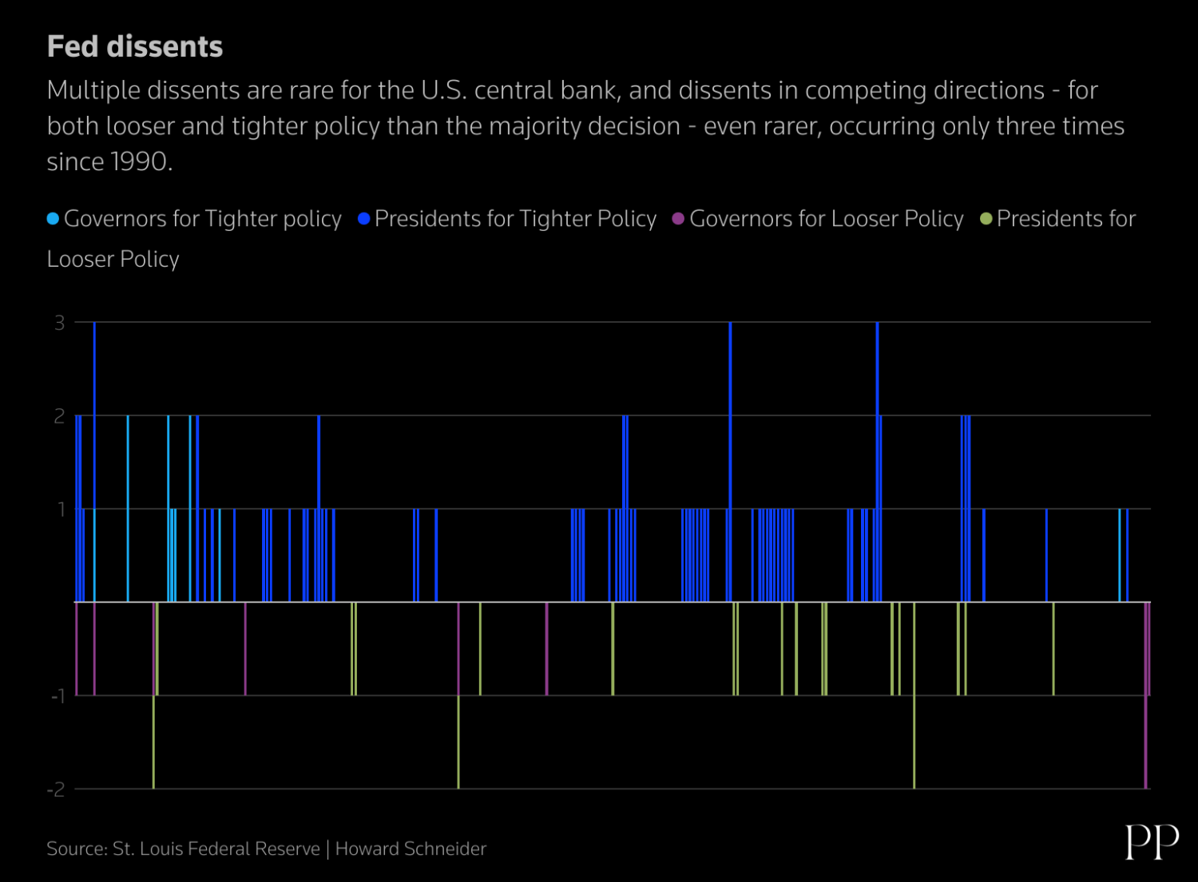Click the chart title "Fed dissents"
135,47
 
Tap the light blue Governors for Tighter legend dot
53,219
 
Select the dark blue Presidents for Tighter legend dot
363,219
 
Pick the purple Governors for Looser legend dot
678,219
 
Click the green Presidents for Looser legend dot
986,219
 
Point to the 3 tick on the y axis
59,323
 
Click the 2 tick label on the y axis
59,416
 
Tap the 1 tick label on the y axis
61,510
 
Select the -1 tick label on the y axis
57,697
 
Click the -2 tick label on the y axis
55,790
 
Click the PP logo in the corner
1152,842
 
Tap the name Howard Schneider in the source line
411,848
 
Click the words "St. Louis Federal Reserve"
216,848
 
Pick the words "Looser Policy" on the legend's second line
113,260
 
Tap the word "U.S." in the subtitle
443,90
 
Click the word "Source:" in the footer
77,848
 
